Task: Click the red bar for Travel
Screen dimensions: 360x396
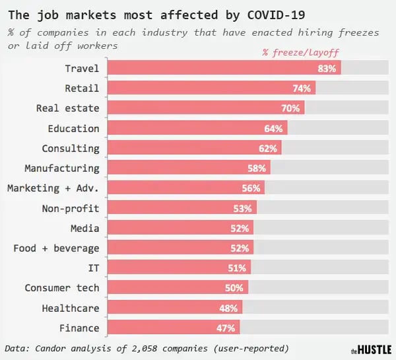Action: (224, 68)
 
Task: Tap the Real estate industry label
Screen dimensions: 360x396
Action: (67, 108)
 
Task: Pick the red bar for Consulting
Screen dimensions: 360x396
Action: (194, 149)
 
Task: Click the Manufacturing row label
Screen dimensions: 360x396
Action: (62, 168)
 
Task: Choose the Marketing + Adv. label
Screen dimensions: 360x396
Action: (53, 188)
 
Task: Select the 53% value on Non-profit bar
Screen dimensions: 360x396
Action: (242, 209)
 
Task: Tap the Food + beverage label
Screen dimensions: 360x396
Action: (56, 248)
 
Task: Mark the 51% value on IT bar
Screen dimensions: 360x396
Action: (236, 268)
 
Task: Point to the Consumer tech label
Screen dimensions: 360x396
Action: (62, 288)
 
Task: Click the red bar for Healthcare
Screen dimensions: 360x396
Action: (175, 308)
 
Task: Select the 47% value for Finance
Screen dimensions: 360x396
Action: (228, 328)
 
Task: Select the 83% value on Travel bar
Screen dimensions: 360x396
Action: (327, 68)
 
